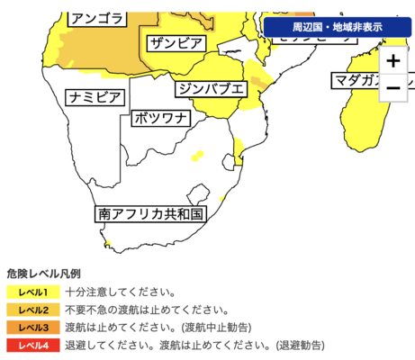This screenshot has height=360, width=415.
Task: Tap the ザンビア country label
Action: point(176,42)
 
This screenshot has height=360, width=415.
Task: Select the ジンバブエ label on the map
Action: point(211,88)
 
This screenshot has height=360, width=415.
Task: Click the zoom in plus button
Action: point(392,62)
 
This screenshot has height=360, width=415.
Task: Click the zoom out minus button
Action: point(392,87)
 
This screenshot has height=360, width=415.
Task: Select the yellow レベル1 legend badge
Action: point(32,292)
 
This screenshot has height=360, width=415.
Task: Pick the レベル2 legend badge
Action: point(32,310)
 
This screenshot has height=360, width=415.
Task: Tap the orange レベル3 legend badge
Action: point(32,327)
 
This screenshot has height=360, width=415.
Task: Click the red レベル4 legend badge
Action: point(32,344)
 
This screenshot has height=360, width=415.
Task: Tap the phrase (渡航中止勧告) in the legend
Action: point(216,327)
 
